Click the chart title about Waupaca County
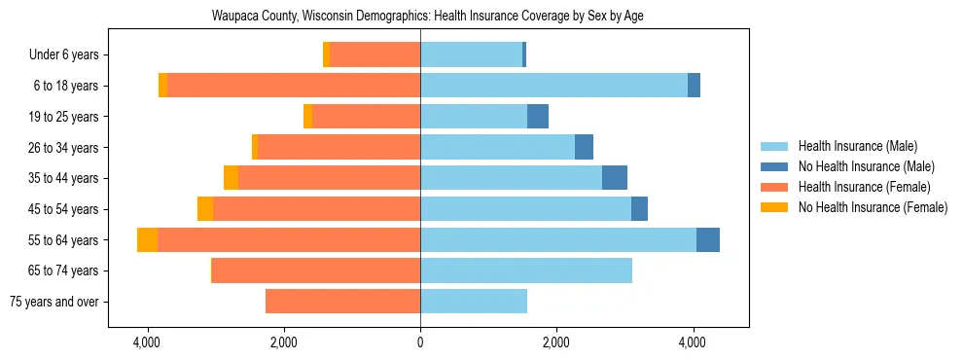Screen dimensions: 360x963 427,16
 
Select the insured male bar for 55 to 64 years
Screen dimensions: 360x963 557,239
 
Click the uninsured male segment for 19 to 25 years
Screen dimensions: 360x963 538,117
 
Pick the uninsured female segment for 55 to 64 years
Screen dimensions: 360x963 147,239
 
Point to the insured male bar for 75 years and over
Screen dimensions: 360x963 474,302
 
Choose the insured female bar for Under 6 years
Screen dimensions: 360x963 374,54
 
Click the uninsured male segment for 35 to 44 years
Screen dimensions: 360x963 615,178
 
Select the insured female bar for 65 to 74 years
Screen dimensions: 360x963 316,270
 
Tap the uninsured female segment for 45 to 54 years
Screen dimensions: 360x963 205,209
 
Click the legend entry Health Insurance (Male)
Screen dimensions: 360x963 857,146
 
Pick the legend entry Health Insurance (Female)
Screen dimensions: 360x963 864,187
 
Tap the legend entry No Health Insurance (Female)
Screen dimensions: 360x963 873,207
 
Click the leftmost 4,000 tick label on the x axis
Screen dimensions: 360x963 147,342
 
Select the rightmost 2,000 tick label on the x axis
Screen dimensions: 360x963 556,342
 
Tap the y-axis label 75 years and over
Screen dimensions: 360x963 53,302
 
